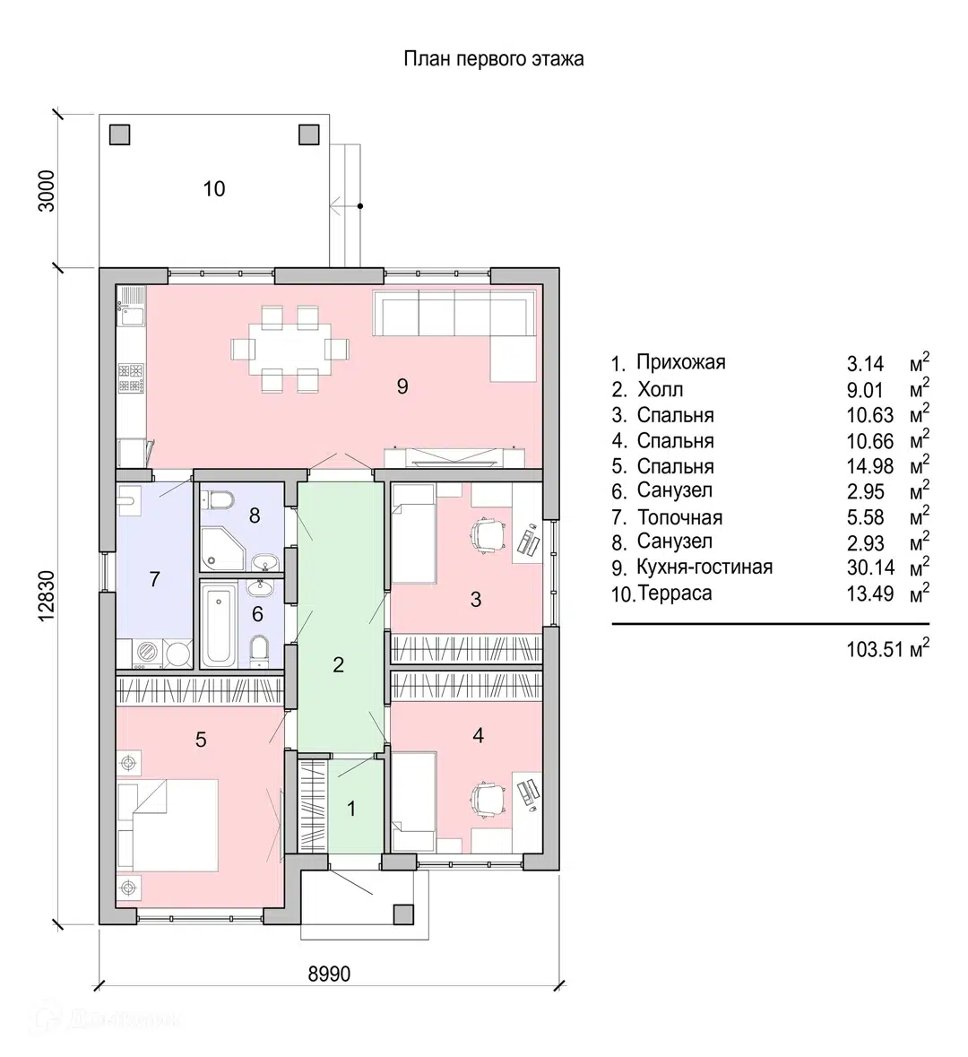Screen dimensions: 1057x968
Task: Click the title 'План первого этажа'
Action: click(493, 59)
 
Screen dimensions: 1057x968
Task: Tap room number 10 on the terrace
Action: click(214, 189)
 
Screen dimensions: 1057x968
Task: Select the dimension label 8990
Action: click(329, 974)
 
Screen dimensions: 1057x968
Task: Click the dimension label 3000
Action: click(49, 189)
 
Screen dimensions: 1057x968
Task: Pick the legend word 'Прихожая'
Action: click(680, 362)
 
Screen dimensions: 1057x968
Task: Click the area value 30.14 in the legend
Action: click(865, 567)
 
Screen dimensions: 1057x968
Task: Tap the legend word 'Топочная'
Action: click(679, 517)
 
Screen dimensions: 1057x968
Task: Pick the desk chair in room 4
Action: click(487, 795)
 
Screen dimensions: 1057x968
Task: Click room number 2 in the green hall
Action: click(338, 665)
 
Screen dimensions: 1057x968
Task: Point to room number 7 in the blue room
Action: click(154, 579)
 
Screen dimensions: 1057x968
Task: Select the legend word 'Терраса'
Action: click(675, 593)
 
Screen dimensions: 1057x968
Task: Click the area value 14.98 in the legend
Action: click(865, 466)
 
